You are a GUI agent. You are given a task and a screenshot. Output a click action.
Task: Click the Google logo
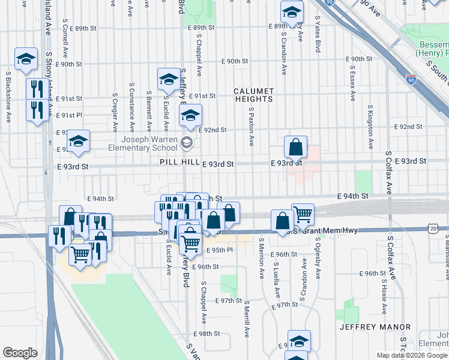(20, 353)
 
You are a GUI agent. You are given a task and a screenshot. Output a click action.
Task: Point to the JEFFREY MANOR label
(375, 327)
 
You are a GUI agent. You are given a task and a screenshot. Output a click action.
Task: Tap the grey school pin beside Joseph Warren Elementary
(187, 142)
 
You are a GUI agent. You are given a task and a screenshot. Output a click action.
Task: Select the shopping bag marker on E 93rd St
(296, 148)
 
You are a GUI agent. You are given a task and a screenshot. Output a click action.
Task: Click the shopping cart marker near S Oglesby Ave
(303, 214)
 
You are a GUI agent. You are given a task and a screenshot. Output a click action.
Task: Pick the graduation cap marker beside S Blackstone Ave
(26, 59)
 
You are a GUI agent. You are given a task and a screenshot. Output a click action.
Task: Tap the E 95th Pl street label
(218, 250)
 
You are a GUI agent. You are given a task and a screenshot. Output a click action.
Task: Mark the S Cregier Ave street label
(114, 112)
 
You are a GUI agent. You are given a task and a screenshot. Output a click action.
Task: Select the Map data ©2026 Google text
(411, 355)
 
